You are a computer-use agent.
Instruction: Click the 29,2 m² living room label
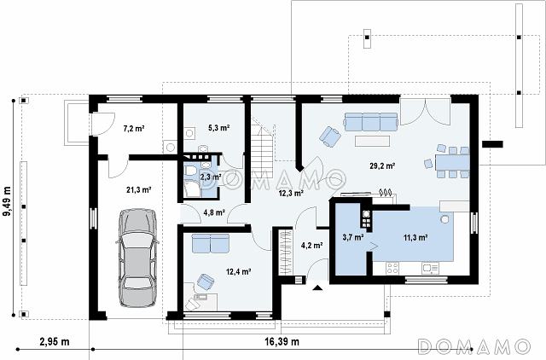pos(382,165)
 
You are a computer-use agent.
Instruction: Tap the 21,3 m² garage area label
pos(138,189)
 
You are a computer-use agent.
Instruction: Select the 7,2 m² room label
pos(134,129)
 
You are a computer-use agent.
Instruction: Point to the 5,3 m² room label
pos(218,128)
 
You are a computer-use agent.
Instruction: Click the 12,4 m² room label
pos(239,271)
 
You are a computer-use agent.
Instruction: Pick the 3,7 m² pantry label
pos(353,237)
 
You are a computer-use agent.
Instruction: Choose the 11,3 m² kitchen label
pos(415,237)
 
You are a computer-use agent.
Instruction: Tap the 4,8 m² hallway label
pos(214,212)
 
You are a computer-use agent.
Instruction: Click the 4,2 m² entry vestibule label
pos(311,246)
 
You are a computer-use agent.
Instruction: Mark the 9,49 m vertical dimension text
pos(7,206)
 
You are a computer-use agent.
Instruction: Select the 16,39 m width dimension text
pos(282,341)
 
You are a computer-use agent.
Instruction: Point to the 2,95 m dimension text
pos(55,341)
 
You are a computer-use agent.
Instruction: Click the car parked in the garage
pos(138,258)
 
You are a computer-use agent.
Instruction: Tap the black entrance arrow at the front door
pos(317,287)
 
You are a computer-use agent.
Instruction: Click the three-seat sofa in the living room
pos(371,121)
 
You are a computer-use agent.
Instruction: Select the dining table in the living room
pos(452,163)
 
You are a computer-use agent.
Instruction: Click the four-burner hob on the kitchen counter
pos(392,268)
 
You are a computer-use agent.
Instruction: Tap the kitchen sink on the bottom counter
pos(430,268)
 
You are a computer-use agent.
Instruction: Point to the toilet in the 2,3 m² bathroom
pos(190,171)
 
